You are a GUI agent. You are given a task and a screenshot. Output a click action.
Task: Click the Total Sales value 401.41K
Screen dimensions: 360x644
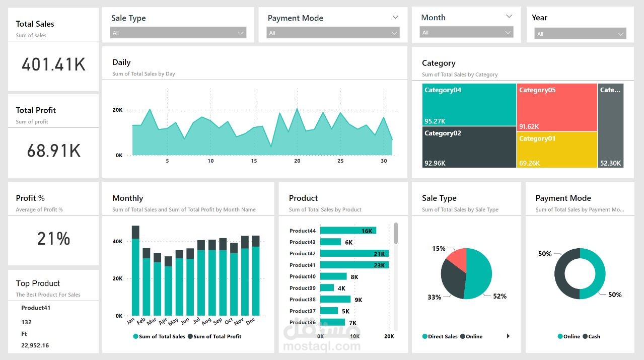coord(53,64)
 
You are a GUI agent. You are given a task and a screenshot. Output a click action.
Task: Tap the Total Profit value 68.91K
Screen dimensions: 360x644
coord(53,151)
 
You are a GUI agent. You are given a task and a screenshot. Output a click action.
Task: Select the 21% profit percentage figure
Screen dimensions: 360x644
coord(53,238)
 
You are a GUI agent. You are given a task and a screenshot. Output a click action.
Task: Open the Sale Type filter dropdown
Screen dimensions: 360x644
coord(178,33)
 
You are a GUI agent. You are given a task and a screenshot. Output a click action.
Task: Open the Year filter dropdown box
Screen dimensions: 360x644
coord(580,34)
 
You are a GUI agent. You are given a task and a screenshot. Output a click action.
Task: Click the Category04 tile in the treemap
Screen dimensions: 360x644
coord(469,105)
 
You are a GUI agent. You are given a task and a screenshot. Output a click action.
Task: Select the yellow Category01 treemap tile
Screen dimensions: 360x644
coord(557,150)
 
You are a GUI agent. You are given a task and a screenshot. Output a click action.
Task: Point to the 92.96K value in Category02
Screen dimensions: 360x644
coord(435,163)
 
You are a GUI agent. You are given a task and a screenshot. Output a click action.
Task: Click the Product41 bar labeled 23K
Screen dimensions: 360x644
coord(354,265)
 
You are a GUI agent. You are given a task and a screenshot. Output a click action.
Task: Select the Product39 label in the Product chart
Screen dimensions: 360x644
coord(303,288)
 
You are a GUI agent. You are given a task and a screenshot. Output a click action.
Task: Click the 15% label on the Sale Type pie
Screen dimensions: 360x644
coord(439,248)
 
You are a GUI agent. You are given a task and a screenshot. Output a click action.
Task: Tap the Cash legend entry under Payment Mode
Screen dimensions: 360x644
coord(592,336)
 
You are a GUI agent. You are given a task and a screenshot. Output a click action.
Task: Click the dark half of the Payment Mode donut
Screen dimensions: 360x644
coord(565,274)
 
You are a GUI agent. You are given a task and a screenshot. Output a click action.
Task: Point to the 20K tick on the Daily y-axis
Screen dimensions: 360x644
coord(117,110)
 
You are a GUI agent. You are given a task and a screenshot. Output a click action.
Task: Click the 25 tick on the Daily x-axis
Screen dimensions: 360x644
coord(340,161)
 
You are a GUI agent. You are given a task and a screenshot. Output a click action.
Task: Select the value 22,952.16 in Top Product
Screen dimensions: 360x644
coord(35,345)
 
